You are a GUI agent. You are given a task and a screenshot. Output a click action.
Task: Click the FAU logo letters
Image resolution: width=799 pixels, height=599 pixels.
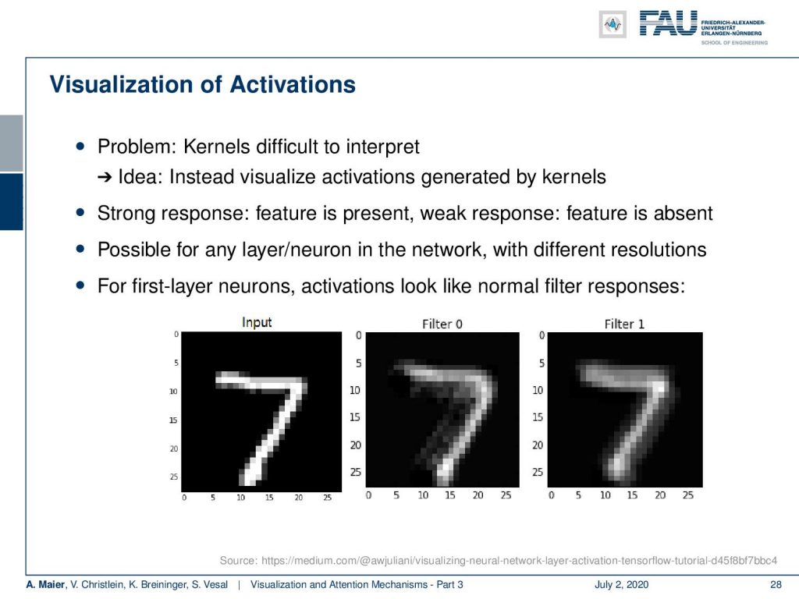coord(669,23)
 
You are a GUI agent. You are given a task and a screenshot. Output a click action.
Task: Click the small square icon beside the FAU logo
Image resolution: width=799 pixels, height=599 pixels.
coord(613,24)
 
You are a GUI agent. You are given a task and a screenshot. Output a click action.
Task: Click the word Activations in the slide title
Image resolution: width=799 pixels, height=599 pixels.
coord(293,84)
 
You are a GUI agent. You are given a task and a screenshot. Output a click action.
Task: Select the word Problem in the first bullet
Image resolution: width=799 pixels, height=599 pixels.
coord(137,147)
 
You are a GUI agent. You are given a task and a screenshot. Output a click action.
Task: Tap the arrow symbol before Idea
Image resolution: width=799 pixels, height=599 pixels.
coord(105,177)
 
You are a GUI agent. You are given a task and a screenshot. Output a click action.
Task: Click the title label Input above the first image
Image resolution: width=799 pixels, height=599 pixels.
coord(257,322)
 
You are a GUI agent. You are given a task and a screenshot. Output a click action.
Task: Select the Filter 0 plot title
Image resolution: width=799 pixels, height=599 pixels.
coord(442,324)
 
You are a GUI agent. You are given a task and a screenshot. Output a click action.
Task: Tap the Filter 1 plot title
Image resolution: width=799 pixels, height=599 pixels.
coord(624,324)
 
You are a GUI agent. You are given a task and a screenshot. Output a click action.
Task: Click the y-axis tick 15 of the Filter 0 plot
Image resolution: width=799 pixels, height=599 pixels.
coord(355,417)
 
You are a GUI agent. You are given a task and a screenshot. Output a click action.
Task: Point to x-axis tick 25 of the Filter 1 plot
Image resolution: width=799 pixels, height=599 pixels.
coord(688,495)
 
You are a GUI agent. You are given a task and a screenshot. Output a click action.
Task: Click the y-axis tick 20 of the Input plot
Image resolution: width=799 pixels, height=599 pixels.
coord(174,448)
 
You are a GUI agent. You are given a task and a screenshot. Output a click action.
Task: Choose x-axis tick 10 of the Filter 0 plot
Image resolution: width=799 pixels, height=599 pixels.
coord(423,495)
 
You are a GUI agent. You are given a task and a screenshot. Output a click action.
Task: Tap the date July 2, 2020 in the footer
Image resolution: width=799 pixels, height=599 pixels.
coord(622,585)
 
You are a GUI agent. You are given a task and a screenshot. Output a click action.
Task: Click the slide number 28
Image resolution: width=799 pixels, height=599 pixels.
coord(776,585)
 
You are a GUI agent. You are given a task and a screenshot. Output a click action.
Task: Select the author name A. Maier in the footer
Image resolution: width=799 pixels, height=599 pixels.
coord(46,585)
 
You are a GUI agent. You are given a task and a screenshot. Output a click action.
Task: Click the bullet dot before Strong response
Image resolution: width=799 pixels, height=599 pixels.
coord(80,212)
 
